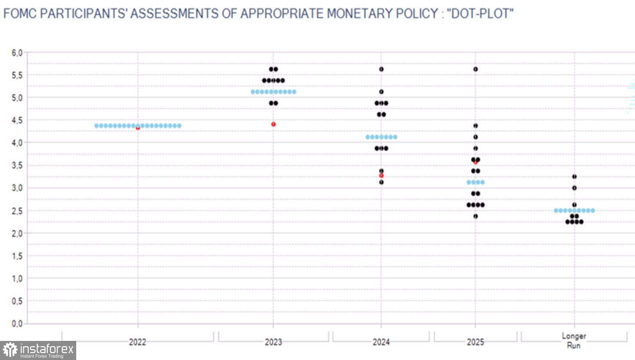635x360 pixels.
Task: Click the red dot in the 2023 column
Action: click(x=273, y=124)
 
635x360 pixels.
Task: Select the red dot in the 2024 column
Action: click(x=381, y=175)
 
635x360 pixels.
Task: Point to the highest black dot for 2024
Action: click(x=381, y=69)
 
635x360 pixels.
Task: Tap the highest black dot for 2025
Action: click(x=475, y=69)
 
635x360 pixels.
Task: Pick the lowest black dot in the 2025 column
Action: click(x=475, y=216)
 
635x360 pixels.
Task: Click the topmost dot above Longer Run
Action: click(x=574, y=177)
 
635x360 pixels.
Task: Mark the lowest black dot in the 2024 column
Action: click(x=381, y=182)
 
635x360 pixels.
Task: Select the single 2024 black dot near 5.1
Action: click(x=381, y=92)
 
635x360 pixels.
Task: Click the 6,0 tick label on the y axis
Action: click(x=17, y=53)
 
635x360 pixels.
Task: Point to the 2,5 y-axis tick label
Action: click(x=17, y=211)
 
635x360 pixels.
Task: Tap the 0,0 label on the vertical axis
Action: click(x=17, y=324)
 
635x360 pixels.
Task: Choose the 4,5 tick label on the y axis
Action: click(x=17, y=121)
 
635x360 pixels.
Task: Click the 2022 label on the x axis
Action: click(x=138, y=342)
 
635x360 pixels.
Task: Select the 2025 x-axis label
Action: click(x=475, y=342)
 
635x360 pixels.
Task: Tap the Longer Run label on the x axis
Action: click(x=574, y=341)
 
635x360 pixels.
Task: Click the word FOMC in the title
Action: click(x=20, y=14)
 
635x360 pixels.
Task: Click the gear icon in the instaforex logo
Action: click(x=10, y=350)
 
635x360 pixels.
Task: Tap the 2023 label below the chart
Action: click(x=273, y=342)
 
